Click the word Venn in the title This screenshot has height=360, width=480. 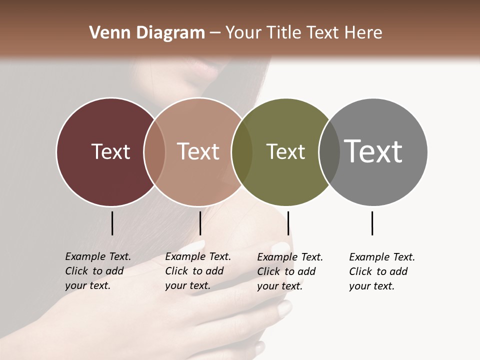pos(103,33)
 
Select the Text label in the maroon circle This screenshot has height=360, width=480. pos(110,151)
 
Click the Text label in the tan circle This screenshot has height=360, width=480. pos(198,151)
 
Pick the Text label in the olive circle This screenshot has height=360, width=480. pos(285,151)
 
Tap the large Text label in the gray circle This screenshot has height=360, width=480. pos(373,151)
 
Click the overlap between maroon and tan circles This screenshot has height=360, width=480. pos(154,151)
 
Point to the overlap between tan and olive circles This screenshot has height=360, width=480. pos(242,151)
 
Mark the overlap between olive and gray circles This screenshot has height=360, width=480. pos(329,151)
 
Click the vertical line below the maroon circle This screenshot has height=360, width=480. pos(112,223)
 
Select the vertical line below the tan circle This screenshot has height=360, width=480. pos(200,223)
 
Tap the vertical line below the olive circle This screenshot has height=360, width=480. pos(288,223)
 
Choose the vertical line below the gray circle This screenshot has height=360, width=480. pos(372,223)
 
